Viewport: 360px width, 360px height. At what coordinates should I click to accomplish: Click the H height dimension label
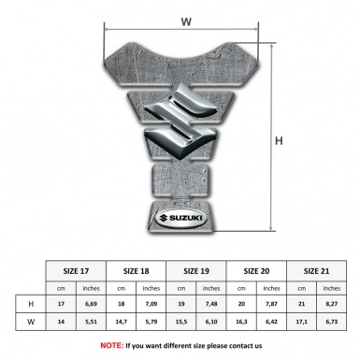279,141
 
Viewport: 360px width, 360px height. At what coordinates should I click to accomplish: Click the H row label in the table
32,304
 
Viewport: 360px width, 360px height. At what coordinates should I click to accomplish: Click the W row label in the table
32,320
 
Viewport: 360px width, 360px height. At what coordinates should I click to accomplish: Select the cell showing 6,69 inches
91,304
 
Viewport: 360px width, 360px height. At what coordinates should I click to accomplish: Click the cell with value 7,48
212,304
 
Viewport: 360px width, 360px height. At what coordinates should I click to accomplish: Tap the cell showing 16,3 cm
242,320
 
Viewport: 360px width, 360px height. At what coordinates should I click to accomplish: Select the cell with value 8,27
332,304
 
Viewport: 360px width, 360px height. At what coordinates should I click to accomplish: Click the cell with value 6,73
332,320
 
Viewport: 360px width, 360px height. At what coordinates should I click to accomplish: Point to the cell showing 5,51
91,320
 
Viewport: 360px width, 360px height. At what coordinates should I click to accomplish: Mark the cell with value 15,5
182,320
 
